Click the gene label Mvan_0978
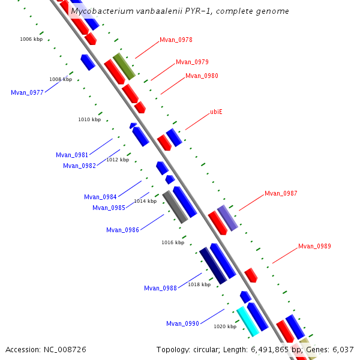(x=176, y=40)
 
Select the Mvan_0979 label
(x=192, y=62)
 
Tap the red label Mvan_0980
(x=202, y=76)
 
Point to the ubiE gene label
(x=216, y=112)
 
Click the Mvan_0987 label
(x=281, y=194)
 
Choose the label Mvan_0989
(x=314, y=247)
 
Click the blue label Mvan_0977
(x=27, y=93)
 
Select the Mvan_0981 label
(x=72, y=155)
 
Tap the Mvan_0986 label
(x=122, y=230)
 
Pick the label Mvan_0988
(x=160, y=289)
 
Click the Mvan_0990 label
(x=182, y=324)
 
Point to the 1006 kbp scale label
(x=31, y=39)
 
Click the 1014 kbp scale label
(x=145, y=202)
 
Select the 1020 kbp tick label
(x=225, y=326)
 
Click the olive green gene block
(x=124, y=67)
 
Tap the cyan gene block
(x=248, y=322)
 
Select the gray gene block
(x=175, y=208)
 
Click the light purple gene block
(x=227, y=218)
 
